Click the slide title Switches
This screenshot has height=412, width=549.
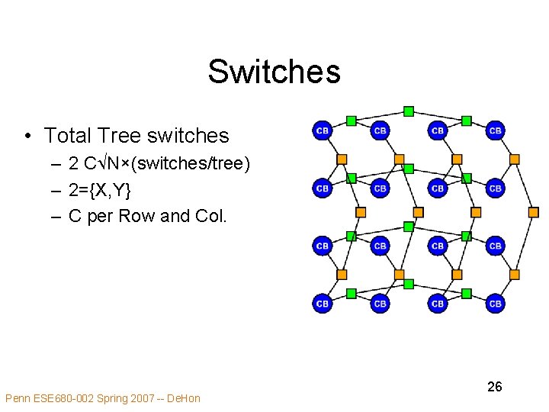tap(274, 72)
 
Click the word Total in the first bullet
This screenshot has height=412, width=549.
tap(68, 136)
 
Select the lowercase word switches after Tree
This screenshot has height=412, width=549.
tap(188, 136)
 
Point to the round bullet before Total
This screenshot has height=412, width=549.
tap(27, 137)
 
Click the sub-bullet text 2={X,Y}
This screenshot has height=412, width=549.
tap(100, 189)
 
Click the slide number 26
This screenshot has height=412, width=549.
tap(494, 387)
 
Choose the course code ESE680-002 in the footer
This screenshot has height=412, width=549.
tap(65, 398)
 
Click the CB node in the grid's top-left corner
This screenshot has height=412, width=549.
tap(323, 131)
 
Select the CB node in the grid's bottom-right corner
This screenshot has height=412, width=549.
tap(495, 304)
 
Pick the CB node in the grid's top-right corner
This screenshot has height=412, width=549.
tap(495, 131)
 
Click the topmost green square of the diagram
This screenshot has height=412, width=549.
tap(409, 111)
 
